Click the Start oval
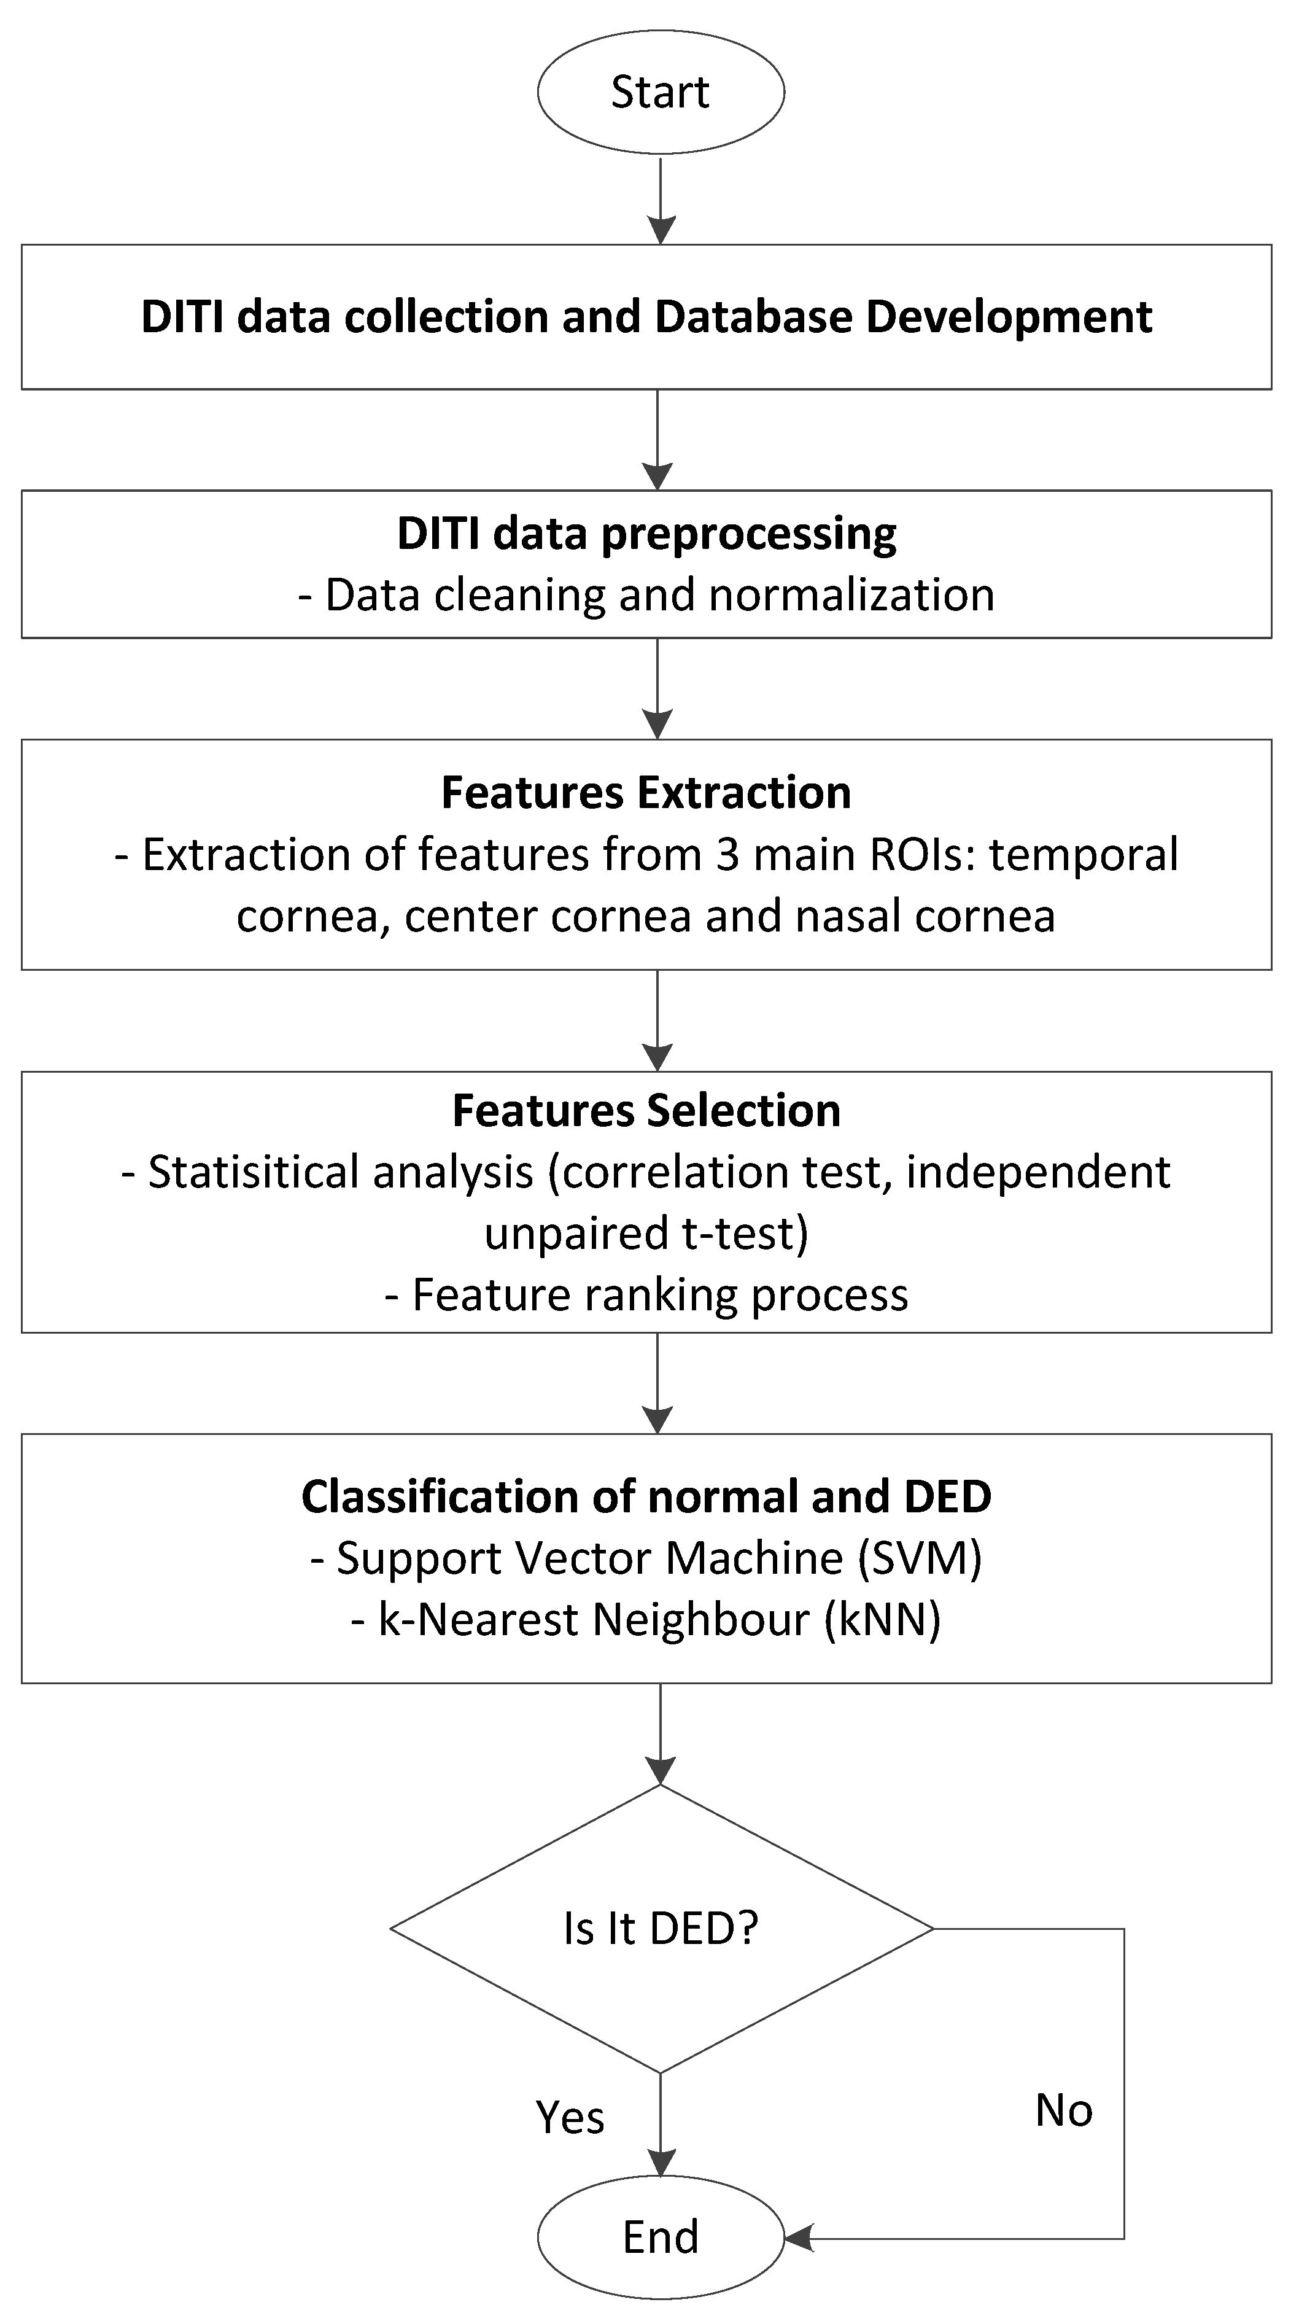coord(661,92)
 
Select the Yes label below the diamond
coord(569,2117)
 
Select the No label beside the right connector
coord(1064,2110)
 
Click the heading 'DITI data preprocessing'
coord(647,534)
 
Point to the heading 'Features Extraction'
coord(646,793)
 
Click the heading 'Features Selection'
coord(646,1110)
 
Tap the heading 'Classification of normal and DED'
coord(646,1496)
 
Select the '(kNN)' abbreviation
coord(883,1619)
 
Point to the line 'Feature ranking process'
coord(646,1295)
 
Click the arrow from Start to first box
coord(661,200)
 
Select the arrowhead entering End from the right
coord(798,2238)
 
